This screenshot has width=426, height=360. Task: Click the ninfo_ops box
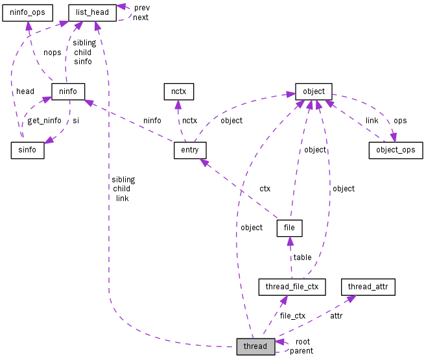click(x=27, y=12)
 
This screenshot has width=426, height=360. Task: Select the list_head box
click(x=92, y=12)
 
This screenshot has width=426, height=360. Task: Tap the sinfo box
click(x=27, y=150)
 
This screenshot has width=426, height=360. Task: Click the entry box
click(x=190, y=150)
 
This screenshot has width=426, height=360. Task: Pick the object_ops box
click(x=396, y=150)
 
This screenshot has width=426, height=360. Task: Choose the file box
click(x=289, y=228)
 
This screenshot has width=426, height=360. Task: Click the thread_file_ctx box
click(x=291, y=286)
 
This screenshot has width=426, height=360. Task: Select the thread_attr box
click(x=368, y=286)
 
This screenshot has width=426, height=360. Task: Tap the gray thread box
click(x=255, y=346)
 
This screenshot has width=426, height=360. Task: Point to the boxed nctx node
click(x=178, y=91)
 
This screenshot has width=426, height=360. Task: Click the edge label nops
click(x=52, y=53)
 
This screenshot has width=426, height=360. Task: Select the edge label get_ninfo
click(x=44, y=121)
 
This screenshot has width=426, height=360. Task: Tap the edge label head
click(x=25, y=91)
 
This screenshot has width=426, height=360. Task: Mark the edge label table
click(x=302, y=258)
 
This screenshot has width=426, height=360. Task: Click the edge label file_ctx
click(x=292, y=316)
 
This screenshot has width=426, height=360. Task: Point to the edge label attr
click(x=336, y=316)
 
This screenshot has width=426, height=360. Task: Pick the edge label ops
click(x=400, y=121)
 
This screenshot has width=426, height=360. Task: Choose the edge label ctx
click(x=265, y=189)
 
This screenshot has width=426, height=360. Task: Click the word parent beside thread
click(x=302, y=351)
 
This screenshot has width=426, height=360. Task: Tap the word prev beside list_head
click(x=141, y=8)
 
